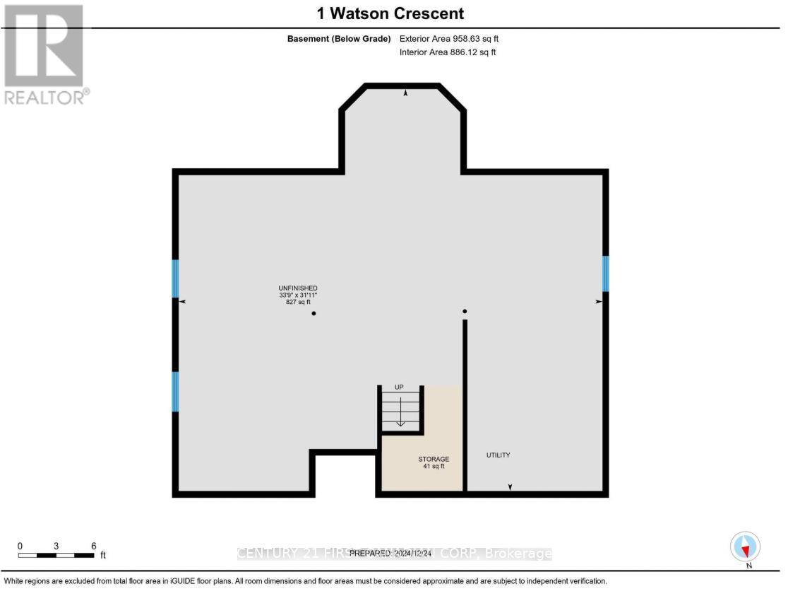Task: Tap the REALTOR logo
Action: [x=44, y=54]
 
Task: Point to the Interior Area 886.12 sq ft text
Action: [x=448, y=52]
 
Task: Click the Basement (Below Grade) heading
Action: [x=339, y=40]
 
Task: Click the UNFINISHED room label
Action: [x=293, y=288]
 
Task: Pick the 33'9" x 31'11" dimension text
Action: [x=293, y=295]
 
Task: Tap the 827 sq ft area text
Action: [x=293, y=302]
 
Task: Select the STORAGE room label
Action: [x=434, y=460]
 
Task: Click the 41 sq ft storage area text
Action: [x=434, y=467]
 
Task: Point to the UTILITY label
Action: [x=498, y=455]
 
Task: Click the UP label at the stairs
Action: [x=399, y=387]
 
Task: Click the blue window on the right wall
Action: [x=605, y=274]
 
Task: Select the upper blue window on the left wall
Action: [x=175, y=279]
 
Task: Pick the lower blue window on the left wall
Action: [x=175, y=392]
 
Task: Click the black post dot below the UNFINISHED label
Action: [x=314, y=313]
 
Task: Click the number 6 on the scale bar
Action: [x=93, y=546]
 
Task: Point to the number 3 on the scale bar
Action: [x=56, y=546]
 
